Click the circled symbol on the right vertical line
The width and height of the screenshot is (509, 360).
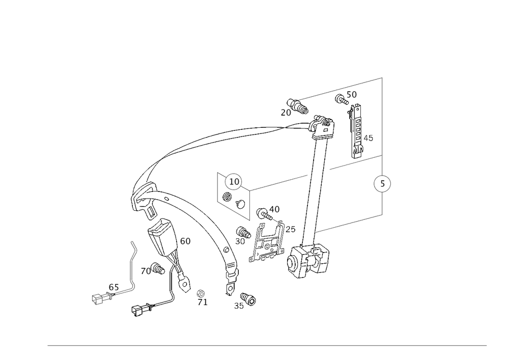(x=382, y=184)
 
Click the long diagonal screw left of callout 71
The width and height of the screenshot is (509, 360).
(x=153, y=306)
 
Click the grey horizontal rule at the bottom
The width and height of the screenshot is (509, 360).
(x=267, y=346)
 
